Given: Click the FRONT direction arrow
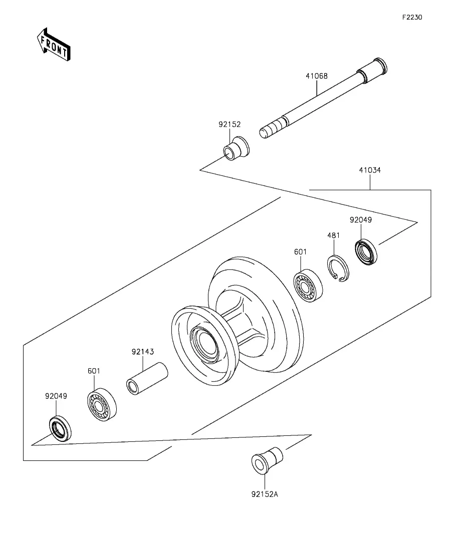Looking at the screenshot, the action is (x=54, y=45).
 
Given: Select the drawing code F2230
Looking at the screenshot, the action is (x=412, y=17).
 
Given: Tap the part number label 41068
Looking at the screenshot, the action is (x=317, y=76).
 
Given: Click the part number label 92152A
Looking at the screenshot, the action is (x=265, y=494).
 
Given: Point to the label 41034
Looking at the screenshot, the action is (x=370, y=170).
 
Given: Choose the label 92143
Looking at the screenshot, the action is (x=143, y=352).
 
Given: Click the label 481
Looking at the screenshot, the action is (x=334, y=235).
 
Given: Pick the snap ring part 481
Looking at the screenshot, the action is (x=338, y=268).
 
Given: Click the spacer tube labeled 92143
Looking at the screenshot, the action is (x=147, y=378).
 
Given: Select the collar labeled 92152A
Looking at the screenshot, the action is (x=267, y=460).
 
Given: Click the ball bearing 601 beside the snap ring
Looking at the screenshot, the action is (x=308, y=285).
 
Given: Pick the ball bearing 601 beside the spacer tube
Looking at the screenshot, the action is (x=102, y=405).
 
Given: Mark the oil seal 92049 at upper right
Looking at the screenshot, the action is (x=366, y=252).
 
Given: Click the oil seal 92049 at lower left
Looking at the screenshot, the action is (x=60, y=428).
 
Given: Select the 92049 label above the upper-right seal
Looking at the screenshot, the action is (x=361, y=220).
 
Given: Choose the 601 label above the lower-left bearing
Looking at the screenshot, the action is (x=94, y=371).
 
